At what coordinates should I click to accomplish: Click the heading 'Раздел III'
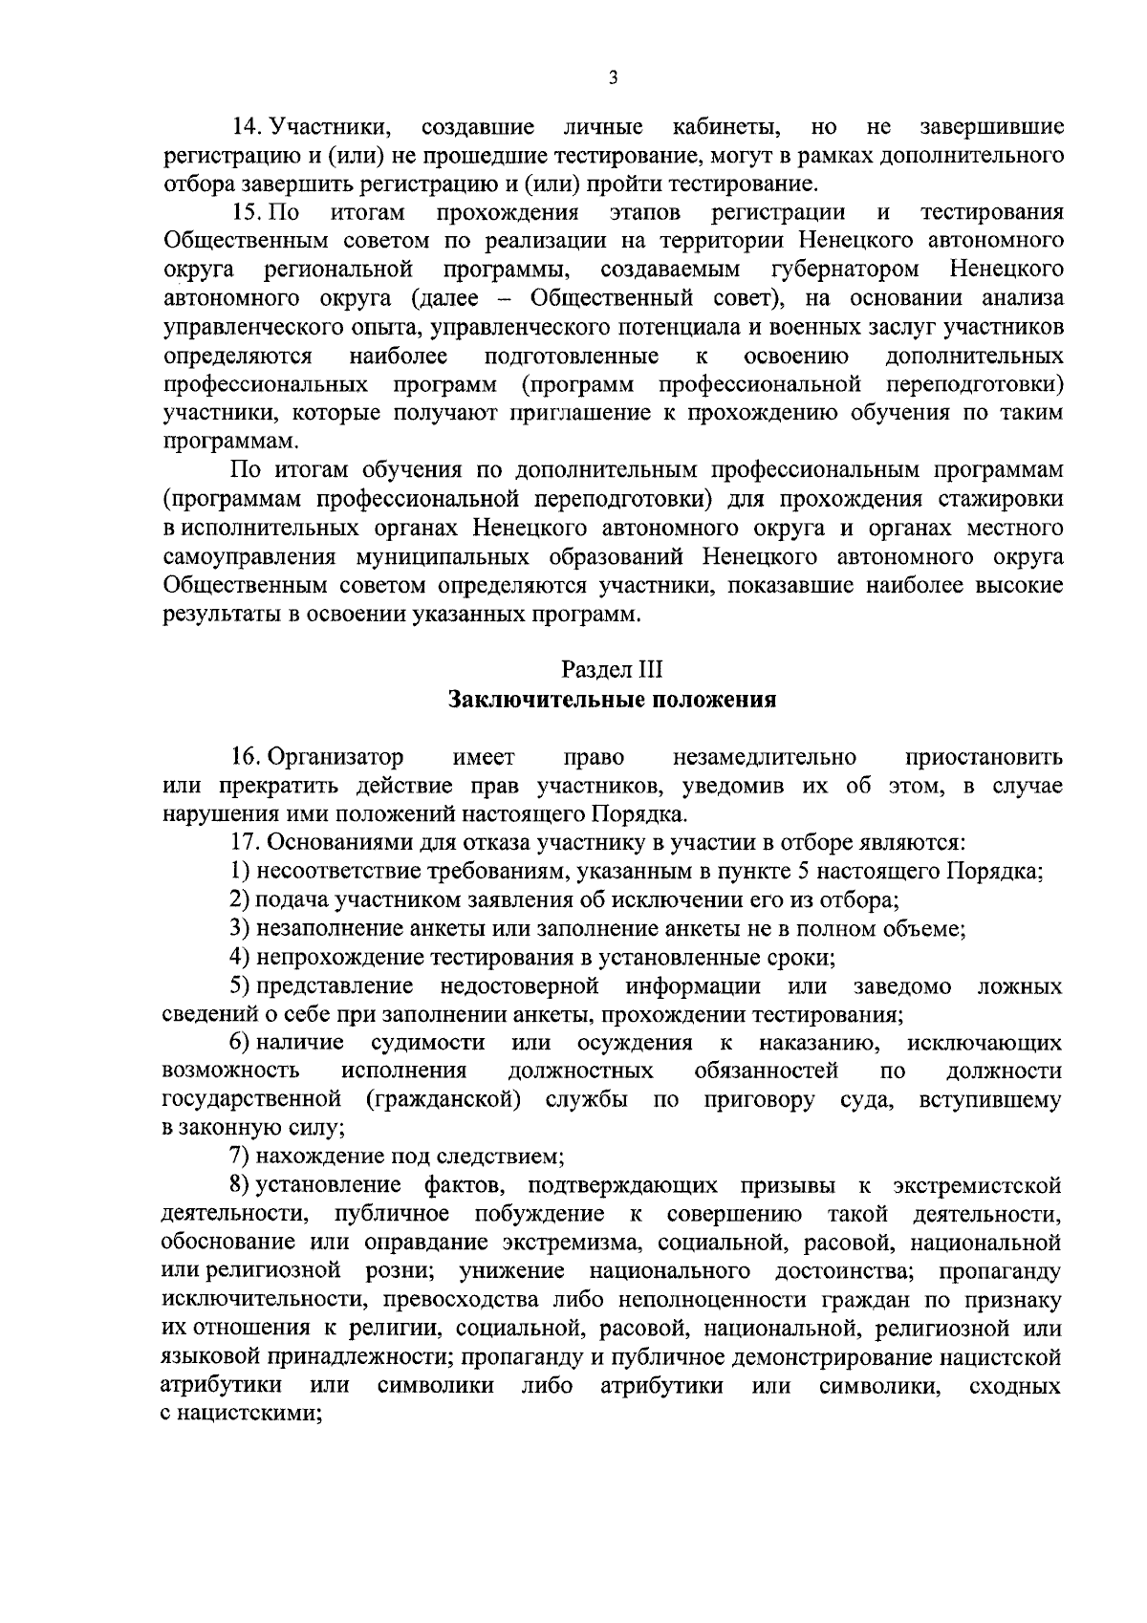(x=612, y=669)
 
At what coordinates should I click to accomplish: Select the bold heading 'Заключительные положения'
(x=612, y=700)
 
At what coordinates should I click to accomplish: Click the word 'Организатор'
(x=335, y=757)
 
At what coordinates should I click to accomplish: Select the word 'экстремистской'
(x=977, y=1186)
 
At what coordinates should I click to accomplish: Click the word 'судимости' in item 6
(x=427, y=1042)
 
